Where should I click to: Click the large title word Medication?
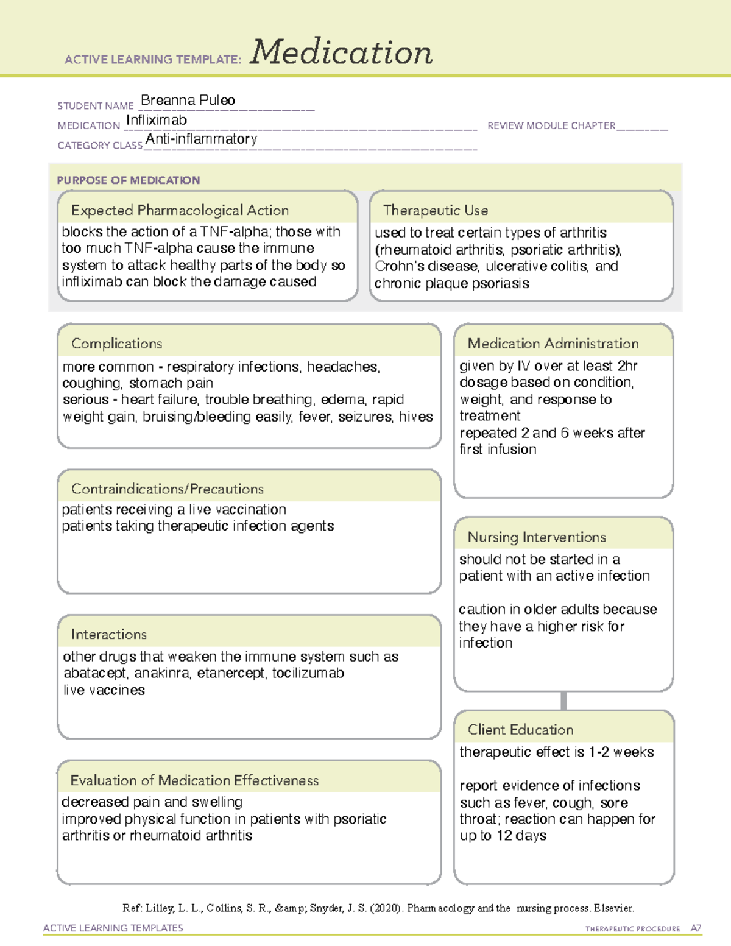(341, 52)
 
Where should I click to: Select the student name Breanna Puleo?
(188, 101)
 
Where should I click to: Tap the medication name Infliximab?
(157, 120)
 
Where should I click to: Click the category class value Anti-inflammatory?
(201, 139)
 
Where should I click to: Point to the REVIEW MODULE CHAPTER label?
(551, 125)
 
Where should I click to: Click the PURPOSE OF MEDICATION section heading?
(129, 180)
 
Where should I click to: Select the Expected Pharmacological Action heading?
(180, 210)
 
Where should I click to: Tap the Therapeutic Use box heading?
(436, 210)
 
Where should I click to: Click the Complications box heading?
(117, 344)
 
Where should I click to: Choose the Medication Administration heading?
(553, 344)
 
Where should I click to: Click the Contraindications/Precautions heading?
(168, 489)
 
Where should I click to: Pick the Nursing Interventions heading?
(537, 537)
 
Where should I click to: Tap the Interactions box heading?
(109, 634)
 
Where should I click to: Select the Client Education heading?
(520, 729)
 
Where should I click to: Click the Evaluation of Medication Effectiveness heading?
(194, 780)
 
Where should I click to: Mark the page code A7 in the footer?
(695, 928)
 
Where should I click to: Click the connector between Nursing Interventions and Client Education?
(563, 701)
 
